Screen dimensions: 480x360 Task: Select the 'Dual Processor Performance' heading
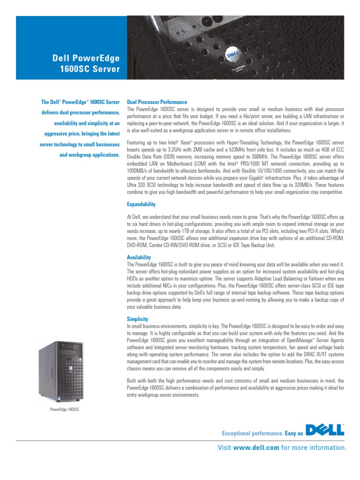click(x=157, y=102)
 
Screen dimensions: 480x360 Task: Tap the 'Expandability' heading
click(x=141, y=204)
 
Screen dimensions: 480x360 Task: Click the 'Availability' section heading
click(x=139, y=257)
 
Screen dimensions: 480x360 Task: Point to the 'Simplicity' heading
click(x=137, y=319)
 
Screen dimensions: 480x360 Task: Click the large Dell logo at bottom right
click(x=325, y=429)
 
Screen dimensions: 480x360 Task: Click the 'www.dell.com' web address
click(x=256, y=448)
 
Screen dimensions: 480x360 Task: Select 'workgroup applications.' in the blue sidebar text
click(x=90, y=154)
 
